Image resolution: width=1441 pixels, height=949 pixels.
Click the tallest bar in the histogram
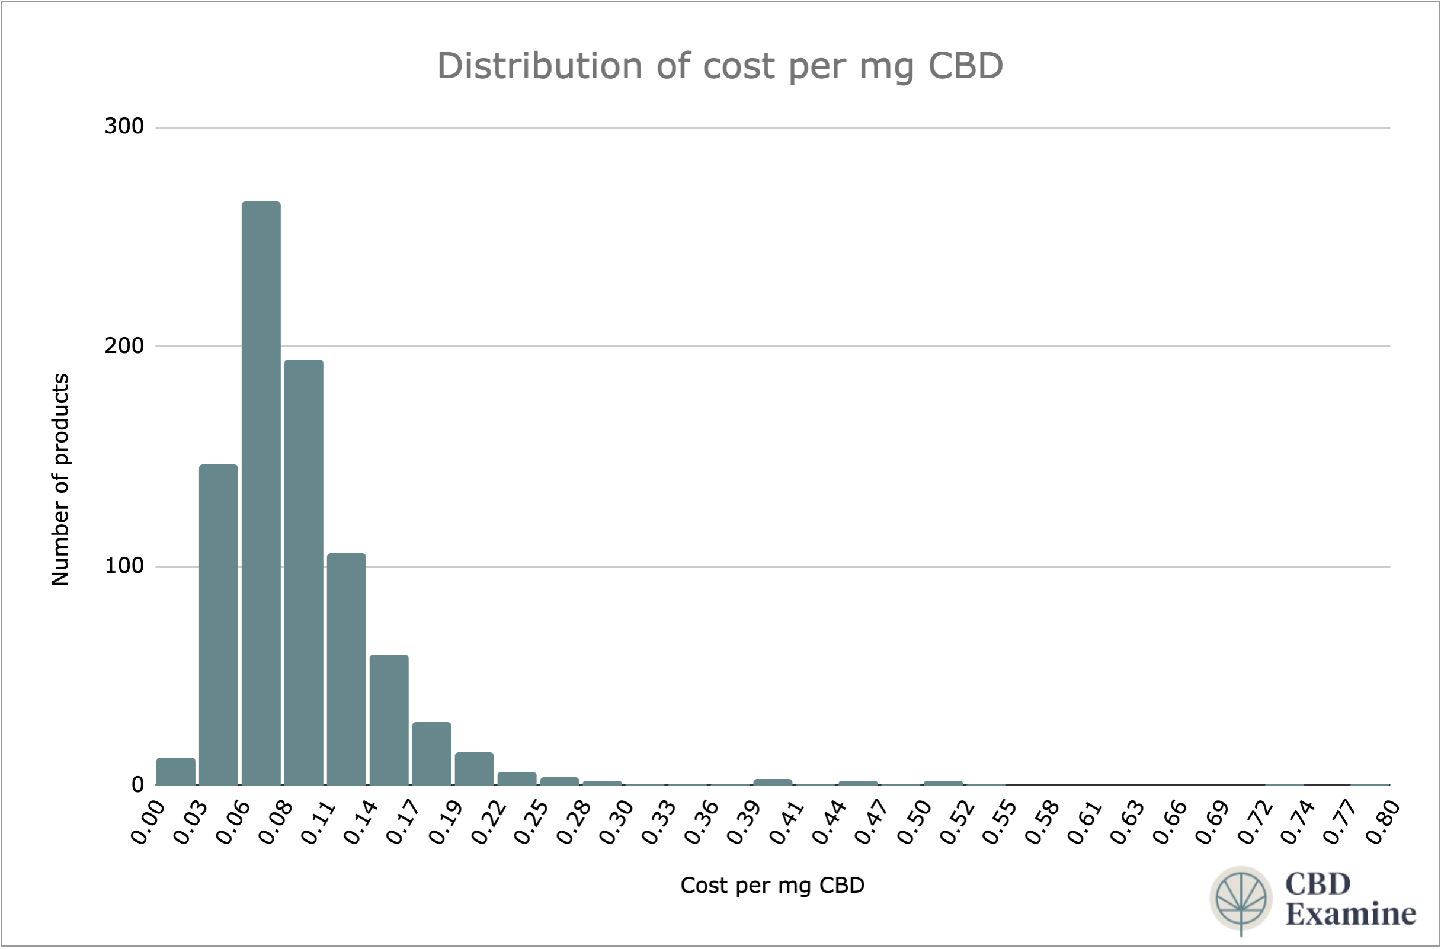261,493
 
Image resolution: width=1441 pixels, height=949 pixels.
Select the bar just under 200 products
304,572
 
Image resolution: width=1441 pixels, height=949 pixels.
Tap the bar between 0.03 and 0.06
219,624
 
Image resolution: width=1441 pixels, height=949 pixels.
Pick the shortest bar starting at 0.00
175,772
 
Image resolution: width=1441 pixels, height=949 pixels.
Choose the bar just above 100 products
346,669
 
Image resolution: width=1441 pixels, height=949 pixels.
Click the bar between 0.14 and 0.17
389,720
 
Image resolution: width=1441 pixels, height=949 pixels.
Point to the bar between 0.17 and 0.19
432,754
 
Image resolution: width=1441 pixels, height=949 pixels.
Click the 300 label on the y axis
124,127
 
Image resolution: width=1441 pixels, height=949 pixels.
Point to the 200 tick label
124,345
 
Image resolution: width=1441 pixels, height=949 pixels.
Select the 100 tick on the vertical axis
124,566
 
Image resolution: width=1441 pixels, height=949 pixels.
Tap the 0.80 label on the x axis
1382,822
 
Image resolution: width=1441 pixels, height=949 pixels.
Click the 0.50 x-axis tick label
913,822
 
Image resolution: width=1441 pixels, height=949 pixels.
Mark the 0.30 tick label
615,822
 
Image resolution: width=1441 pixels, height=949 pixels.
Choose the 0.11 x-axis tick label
317,822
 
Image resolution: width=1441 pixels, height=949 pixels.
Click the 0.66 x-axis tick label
1168,822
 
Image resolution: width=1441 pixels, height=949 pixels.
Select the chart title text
720,65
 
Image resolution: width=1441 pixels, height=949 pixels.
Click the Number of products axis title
60,479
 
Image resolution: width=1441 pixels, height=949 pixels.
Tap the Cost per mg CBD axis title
772,886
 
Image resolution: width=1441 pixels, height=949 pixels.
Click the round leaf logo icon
1241,898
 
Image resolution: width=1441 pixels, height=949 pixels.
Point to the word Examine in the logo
1350,914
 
